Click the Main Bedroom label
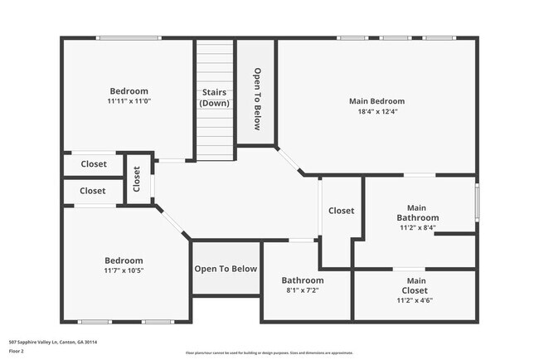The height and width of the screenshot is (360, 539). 376,101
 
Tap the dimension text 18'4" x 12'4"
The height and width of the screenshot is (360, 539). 376,112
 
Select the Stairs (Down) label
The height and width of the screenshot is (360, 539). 215,97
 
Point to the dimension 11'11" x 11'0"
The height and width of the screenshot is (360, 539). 129,101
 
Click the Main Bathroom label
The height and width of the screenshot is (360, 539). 416,212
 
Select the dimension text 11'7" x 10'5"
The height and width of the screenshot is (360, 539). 124,270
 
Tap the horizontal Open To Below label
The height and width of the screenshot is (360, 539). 226,269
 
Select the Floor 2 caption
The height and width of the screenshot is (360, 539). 17,351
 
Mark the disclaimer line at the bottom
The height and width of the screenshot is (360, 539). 269,353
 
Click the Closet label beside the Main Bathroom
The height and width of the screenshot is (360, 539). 341,211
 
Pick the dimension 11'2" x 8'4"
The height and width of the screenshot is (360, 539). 417,227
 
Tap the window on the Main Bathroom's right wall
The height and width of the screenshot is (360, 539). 477,204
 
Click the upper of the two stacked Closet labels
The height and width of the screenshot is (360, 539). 93,164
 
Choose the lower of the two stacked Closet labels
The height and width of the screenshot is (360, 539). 93,191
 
